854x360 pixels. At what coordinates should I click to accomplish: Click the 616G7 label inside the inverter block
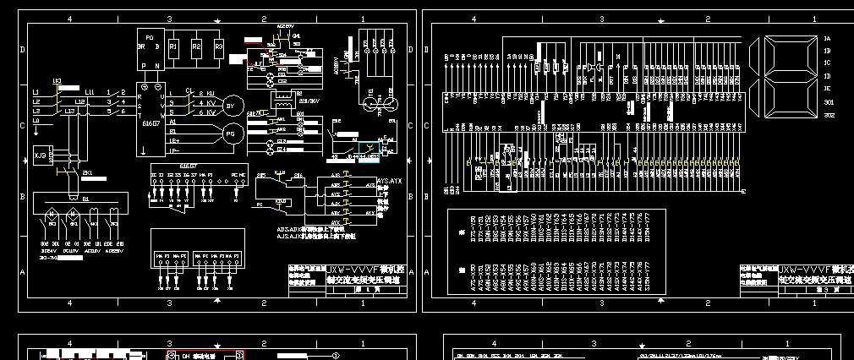coord(152,123)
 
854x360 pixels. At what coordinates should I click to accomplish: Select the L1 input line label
coord(36,91)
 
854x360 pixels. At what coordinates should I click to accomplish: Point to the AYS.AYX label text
coord(388,181)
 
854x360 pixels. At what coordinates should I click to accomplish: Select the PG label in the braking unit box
coord(150,38)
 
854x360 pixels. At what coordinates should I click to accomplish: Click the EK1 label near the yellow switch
coord(86,172)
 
